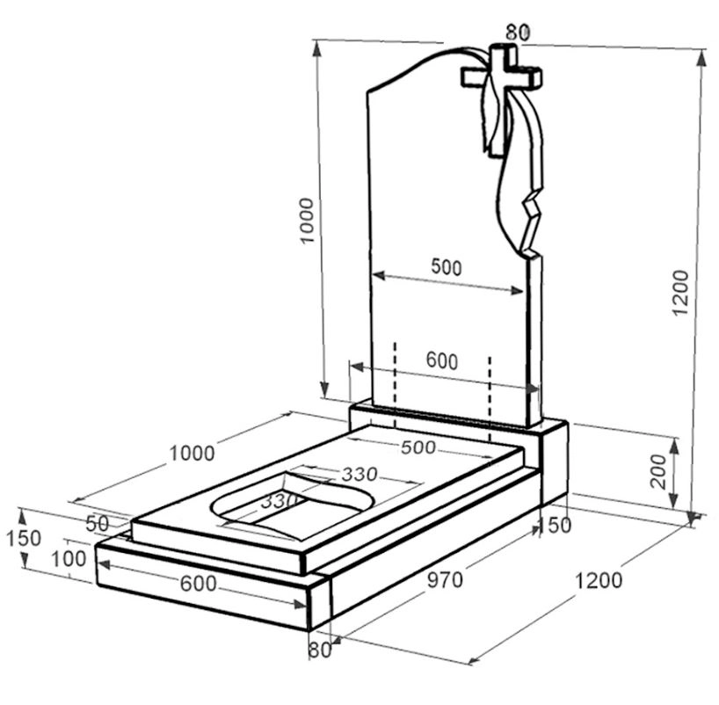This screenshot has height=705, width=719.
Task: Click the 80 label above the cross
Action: [x=518, y=33]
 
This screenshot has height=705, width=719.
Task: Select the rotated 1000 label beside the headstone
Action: [x=306, y=221]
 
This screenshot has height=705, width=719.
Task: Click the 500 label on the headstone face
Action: [x=447, y=267]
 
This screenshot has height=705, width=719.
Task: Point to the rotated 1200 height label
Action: [x=680, y=293]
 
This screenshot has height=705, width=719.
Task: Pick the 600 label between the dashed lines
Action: [x=442, y=360]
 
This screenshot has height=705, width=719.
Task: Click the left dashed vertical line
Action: [x=395, y=384]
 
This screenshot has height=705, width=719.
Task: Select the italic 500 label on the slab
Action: [x=418, y=447]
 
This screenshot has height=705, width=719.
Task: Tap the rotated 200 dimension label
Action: [x=658, y=471]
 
